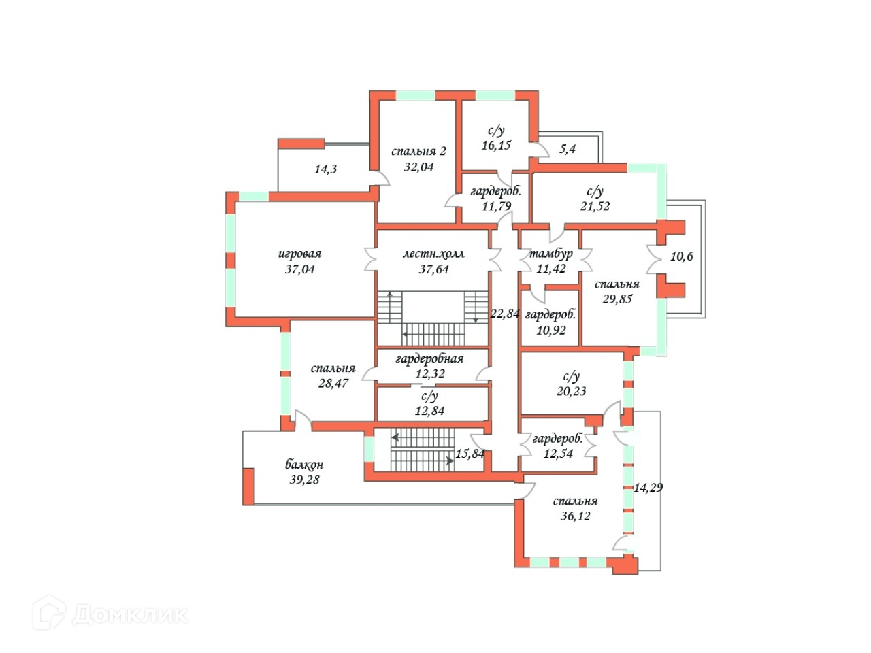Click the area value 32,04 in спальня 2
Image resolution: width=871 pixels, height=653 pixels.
(x=418, y=167)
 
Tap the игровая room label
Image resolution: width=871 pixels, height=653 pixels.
(x=299, y=254)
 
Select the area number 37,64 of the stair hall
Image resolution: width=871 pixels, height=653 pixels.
(x=433, y=269)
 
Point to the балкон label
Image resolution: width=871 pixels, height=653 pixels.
(x=304, y=465)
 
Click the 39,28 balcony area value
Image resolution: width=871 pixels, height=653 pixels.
(x=304, y=480)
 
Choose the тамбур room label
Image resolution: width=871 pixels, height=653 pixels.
(x=550, y=254)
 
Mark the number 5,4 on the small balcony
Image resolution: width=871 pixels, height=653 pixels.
(x=568, y=148)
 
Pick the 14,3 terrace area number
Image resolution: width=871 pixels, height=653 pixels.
(x=325, y=169)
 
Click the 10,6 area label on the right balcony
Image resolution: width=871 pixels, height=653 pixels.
(x=682, y=256)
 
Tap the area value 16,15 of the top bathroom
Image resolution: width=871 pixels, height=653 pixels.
(x=496, y=146)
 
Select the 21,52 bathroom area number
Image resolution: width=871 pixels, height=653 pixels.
(x=595, y=206)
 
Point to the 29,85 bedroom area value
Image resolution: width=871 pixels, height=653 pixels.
(x=617, y=299)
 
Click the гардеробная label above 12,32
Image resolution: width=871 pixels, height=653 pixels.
(x=429, y=358)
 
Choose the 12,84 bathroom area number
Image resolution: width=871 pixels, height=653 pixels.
(x=429, y=411)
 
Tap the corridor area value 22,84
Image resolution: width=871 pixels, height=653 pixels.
(x=505, y=314)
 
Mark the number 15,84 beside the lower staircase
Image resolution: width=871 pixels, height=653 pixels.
(x=470, y=454)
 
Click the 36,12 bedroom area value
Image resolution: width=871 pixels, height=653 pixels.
(x=575, y=516)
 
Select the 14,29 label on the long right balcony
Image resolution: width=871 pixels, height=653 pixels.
(x=648, y=488)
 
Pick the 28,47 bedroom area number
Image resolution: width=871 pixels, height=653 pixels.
(x=333, y=384)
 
